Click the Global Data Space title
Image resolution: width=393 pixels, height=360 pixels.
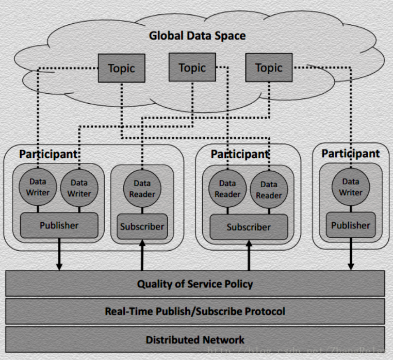pos(197,36)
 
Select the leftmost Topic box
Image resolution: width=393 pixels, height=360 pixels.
pos(121,68)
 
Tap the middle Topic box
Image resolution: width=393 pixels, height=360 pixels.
pos(192,68)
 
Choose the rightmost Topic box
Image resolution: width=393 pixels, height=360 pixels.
pos(269,68)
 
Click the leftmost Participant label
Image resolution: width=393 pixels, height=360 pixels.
pos(49,154)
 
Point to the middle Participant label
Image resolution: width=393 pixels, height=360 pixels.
pos(240,154)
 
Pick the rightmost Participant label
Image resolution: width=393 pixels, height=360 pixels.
pos(351,153)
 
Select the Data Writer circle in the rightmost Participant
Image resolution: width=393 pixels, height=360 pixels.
pos(351,187)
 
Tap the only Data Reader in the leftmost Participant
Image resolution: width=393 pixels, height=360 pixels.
pos(142,188)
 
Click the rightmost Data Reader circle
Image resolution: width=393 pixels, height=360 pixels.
pos(269,189)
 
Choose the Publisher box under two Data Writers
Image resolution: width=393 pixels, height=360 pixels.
pos(59,225)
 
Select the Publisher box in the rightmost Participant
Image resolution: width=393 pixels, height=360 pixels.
pos(351,225)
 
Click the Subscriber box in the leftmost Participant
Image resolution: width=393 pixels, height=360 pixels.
pos(142,226)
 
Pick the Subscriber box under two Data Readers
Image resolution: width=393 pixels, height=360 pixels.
pos(249,227)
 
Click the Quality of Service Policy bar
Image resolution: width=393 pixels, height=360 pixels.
pos(195,284)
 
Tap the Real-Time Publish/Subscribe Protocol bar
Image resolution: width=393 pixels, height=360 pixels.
pos(195,311)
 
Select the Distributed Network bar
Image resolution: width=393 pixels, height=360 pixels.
pos(195,339)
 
